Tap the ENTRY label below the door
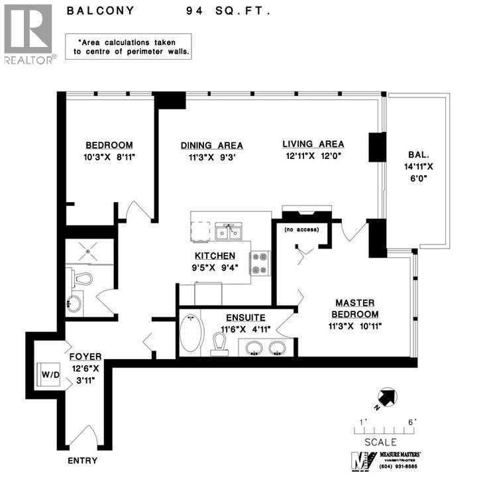(82, 461)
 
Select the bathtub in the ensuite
(191, 333)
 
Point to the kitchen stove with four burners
(259, 262)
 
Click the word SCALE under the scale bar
(380, 442)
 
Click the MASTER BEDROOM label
(352, 308)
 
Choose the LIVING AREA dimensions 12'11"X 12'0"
(313, 156)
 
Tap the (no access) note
(301, 229)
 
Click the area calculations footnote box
(129, 46)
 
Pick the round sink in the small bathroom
(74, 305)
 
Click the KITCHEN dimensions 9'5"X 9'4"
(213, 268)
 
